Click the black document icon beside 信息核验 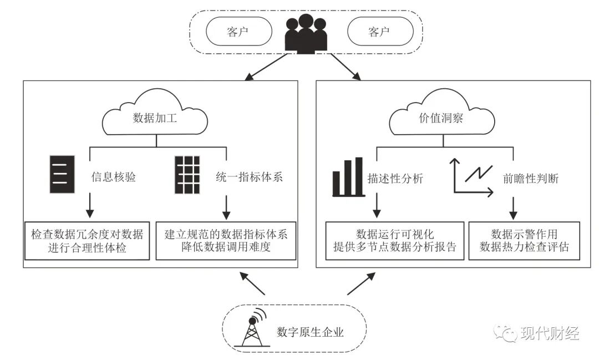coord(62,175)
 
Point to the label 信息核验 coord(114,178)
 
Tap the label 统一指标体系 coord(251,178)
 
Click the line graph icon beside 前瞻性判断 coord(473,177)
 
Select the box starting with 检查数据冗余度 coord(88,241)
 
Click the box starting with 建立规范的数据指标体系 coord(226,241)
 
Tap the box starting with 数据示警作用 coord(524,241)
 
